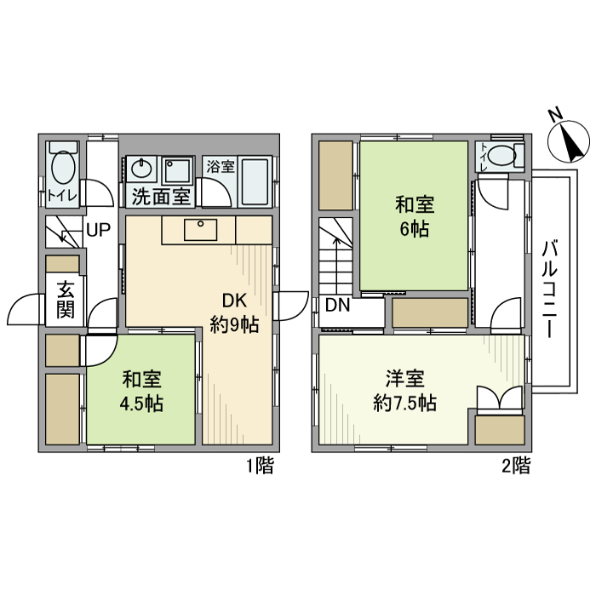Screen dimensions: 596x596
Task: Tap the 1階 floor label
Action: (260, 466)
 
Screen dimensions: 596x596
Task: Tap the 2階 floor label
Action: (516, 466)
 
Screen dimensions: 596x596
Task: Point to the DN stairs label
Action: (336, 305)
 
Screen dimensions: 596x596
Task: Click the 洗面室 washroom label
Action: (160, 197)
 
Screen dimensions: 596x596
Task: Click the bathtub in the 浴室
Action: (256, 178)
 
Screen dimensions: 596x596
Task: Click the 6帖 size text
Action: (414, 228)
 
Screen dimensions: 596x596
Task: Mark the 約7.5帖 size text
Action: (405, 403)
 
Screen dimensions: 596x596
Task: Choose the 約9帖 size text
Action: (234, 324)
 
